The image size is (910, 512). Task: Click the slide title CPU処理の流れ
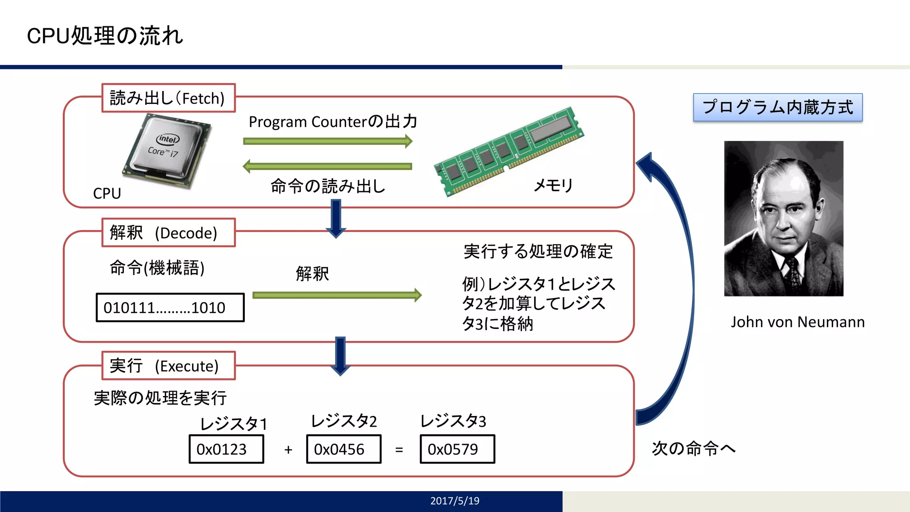tap(105, 36)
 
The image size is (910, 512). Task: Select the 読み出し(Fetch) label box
tap(168, 98)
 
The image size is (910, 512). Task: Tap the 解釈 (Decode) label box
tap(168, 232)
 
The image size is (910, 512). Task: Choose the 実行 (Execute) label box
tap(168, 366)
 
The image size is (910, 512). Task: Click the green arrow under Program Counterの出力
tap(328, 141)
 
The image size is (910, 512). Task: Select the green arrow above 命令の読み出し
tap(328, 166)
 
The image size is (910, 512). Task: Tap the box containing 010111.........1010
tap(170, 307)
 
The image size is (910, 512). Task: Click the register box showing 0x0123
tap(226, 449)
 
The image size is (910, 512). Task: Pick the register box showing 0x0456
tap(343, 449)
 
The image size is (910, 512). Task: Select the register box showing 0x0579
tap(457, 449)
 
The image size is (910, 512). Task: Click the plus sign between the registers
tap(288, 450)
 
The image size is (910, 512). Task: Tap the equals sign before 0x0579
tap(399, 450)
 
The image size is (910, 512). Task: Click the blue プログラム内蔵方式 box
tap(778, 108)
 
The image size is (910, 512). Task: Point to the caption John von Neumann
tap(798, 322)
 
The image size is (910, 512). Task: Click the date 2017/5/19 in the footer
tap(455, 501)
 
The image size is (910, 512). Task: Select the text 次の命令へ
tap(694, 448)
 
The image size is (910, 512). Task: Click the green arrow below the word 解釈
tap(337, 295)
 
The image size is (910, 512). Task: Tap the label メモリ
tap(553, 185)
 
